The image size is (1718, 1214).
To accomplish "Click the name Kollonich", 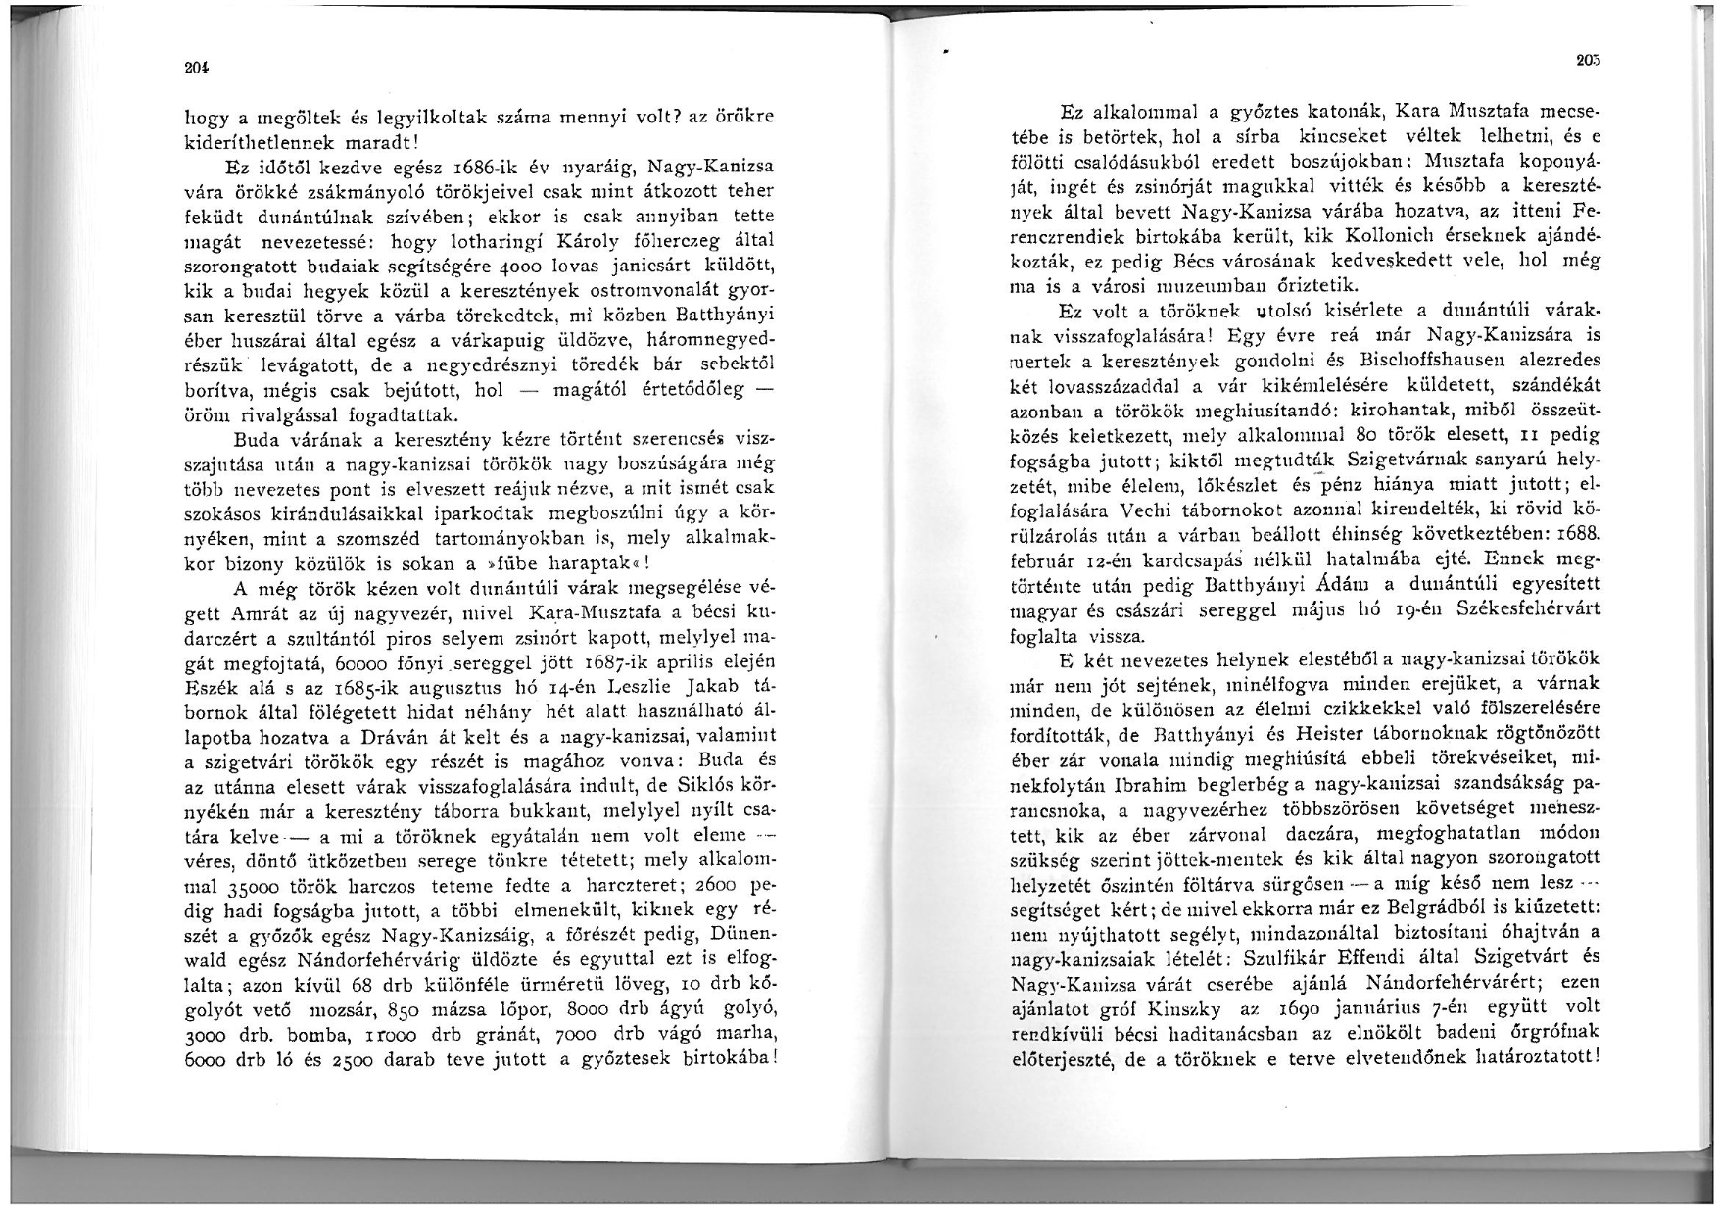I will [1426, 239].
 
